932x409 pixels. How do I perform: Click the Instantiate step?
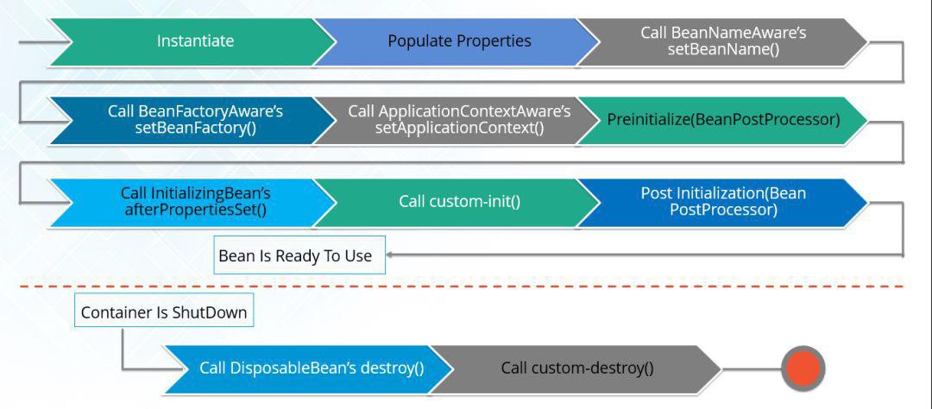point(195,41)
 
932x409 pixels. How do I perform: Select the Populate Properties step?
point(459,41)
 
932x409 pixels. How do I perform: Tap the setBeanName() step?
point(723,41)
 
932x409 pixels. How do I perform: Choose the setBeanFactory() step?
point(195,120)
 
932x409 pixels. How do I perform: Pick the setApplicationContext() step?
point(459,120)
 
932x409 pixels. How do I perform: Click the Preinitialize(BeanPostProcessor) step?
point(723,120)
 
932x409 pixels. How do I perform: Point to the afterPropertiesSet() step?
point(195,202)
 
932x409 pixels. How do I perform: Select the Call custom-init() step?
point(459,202)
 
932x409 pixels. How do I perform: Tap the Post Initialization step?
point(723,202)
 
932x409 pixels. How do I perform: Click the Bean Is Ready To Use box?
point(295,256)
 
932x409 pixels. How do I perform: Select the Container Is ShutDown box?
point(164,313)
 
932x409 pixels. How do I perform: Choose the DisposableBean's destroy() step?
point(312,368)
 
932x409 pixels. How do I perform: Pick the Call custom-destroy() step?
point(576,368)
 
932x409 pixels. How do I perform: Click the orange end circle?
point(803,368)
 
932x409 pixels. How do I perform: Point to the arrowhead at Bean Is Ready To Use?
point(390,255)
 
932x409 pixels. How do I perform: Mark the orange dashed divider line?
point(466,286)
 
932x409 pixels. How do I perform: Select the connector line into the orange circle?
point(751,368)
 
